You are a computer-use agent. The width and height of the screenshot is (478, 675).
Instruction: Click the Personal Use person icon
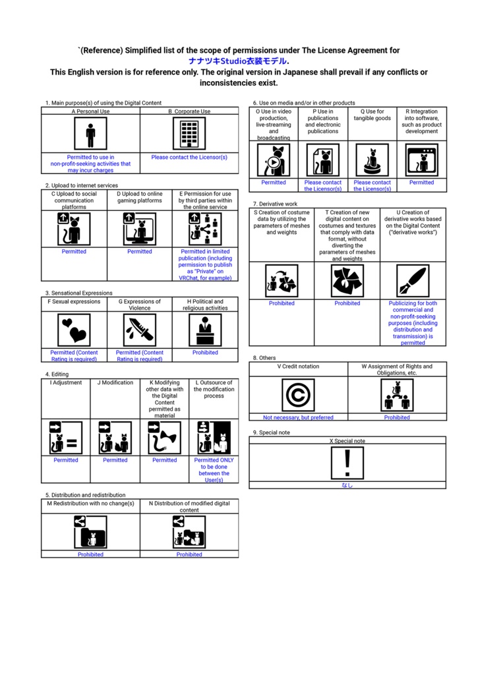tap(90, 133)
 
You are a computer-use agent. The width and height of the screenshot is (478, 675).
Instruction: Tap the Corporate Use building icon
tap(189, 133)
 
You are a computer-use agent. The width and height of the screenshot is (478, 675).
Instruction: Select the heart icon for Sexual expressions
tap(74, 330)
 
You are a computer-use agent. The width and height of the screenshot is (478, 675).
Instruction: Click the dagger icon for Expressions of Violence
tap(140, 330)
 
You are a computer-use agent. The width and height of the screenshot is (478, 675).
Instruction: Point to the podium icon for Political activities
tap(206, 330)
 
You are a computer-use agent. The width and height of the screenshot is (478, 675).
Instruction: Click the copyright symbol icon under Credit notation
tap(298, 395)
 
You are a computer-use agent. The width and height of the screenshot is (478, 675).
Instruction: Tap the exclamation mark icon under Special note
tap(347, 463)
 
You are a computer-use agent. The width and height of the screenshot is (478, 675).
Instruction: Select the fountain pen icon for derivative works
tap(413, 281)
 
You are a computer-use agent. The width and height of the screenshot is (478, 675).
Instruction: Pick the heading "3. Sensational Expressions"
tap(79, 293)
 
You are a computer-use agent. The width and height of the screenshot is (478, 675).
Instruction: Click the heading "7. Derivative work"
tap(275, 204)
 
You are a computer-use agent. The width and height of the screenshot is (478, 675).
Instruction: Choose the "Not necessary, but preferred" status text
tap(298, 417)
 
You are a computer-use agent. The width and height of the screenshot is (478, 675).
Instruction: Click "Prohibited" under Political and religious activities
tap(206, 352)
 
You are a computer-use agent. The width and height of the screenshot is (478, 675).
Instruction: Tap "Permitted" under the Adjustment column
tap(66, 459)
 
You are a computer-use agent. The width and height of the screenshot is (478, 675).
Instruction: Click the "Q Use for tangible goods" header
tap(372, 115)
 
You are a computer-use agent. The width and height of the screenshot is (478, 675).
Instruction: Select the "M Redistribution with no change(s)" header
tap(90, 503)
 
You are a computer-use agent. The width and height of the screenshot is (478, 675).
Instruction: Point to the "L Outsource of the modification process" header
tap(214, 389)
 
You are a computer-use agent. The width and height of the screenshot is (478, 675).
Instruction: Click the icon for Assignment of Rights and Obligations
tap(397, 395)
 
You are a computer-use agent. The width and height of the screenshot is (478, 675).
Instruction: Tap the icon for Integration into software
tap(421, 160)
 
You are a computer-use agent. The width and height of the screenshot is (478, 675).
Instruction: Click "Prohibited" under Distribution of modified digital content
tap(189, 554)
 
